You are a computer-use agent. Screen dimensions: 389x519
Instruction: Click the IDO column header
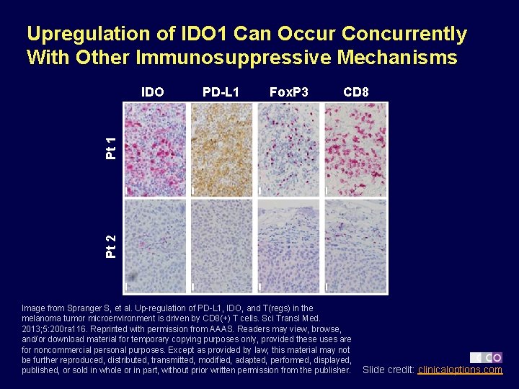tap(152, 91)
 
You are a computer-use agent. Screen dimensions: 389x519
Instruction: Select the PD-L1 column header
tap(221, 91)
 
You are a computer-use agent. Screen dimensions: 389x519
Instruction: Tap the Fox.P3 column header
tap(288, 91)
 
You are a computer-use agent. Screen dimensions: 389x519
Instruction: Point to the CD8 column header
tap(356, 91)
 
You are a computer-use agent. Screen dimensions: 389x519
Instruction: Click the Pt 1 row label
tap(110, 148)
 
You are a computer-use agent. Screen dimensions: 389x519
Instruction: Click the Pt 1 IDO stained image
tap(155, 149)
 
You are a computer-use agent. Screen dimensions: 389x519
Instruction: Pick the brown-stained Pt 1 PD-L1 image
tap(222, 149)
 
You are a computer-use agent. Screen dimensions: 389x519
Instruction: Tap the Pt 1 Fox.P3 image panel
tap(289, 149)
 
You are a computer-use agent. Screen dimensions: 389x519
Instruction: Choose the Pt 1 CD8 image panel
tap(355, 149)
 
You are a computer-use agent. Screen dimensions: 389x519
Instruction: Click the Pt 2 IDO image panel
tap(155, 246)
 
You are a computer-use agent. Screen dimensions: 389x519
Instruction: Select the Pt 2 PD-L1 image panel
tap(222, 246)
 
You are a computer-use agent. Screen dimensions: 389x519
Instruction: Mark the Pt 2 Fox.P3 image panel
tap(289, 246)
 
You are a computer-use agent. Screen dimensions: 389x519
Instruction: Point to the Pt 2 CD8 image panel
tap(355, 246)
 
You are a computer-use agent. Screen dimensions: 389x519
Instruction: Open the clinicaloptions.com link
tap(460, 370)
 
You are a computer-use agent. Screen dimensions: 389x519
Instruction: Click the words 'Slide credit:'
tap(389, 370)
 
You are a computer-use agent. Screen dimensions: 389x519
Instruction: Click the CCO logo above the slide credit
tap(487, 357)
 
